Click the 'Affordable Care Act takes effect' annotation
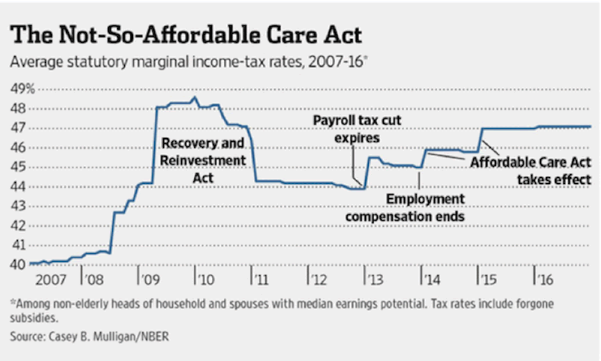(x=530, y=170)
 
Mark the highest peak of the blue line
(x=195, y=98)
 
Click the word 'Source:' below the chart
(x=29, y=338)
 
